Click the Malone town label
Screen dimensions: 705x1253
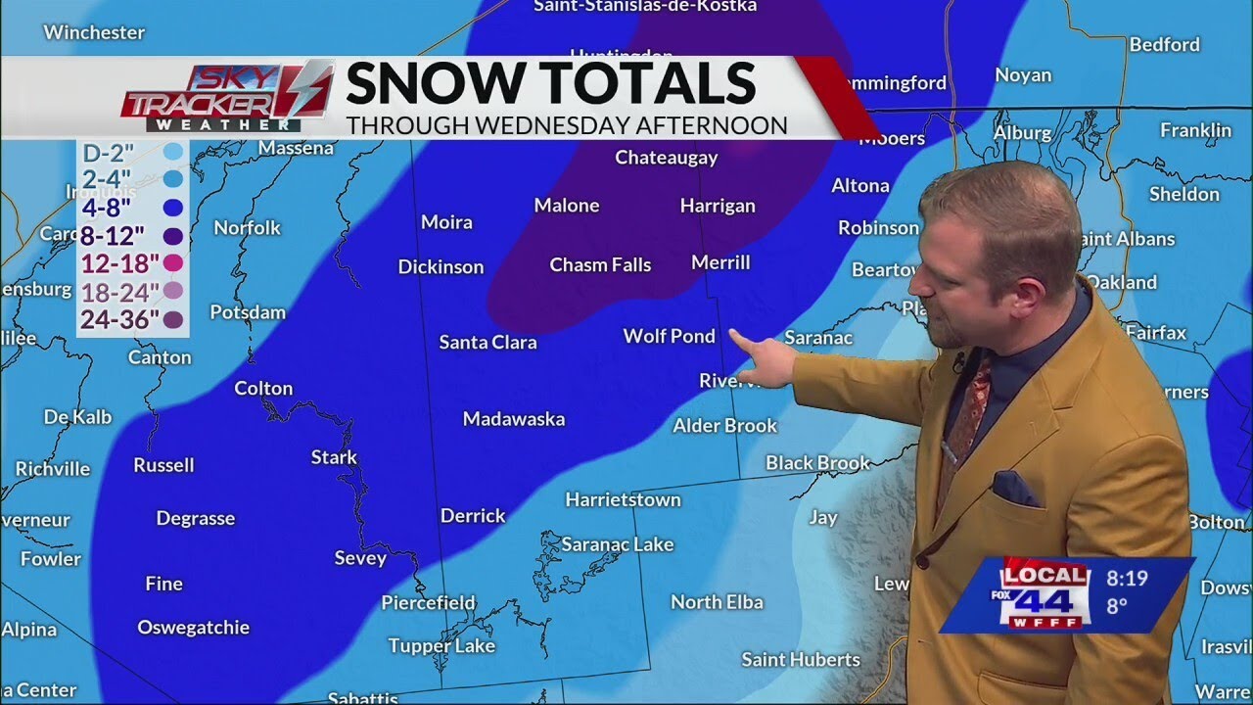point(566,206)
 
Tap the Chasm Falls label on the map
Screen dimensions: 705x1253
point(600,265)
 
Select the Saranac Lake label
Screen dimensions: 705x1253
point(618,545)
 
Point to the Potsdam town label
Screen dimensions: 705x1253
point(248,313)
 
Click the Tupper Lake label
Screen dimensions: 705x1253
point(441,646)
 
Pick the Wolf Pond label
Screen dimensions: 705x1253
point(670,337)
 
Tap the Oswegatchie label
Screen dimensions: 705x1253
point(193,628)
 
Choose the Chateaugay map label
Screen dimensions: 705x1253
point(666,158)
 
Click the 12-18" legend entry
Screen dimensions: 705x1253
point(119,262)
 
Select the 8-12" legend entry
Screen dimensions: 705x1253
point(114,235)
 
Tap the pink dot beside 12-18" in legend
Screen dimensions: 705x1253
point(174,262)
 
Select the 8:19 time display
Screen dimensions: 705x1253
point(1126,578)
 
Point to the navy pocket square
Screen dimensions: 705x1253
point(1014,488)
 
